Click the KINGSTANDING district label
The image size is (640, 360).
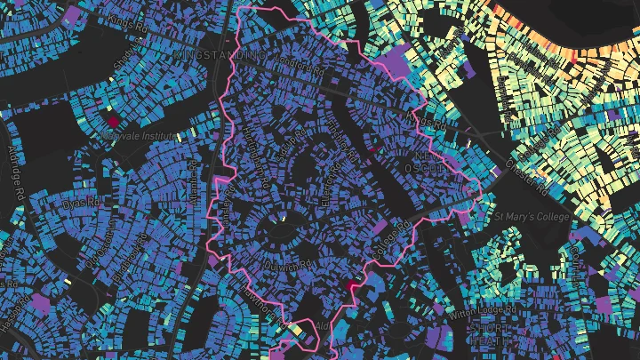[x=221, y=55]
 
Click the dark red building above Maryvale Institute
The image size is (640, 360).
[x=113, y=119]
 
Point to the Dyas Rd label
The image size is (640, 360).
[x=79, y=204]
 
